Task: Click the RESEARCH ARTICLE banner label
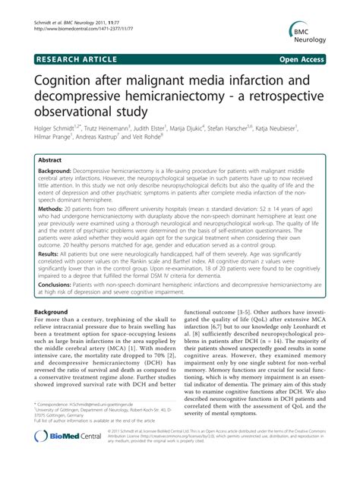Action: tap(74, 58)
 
